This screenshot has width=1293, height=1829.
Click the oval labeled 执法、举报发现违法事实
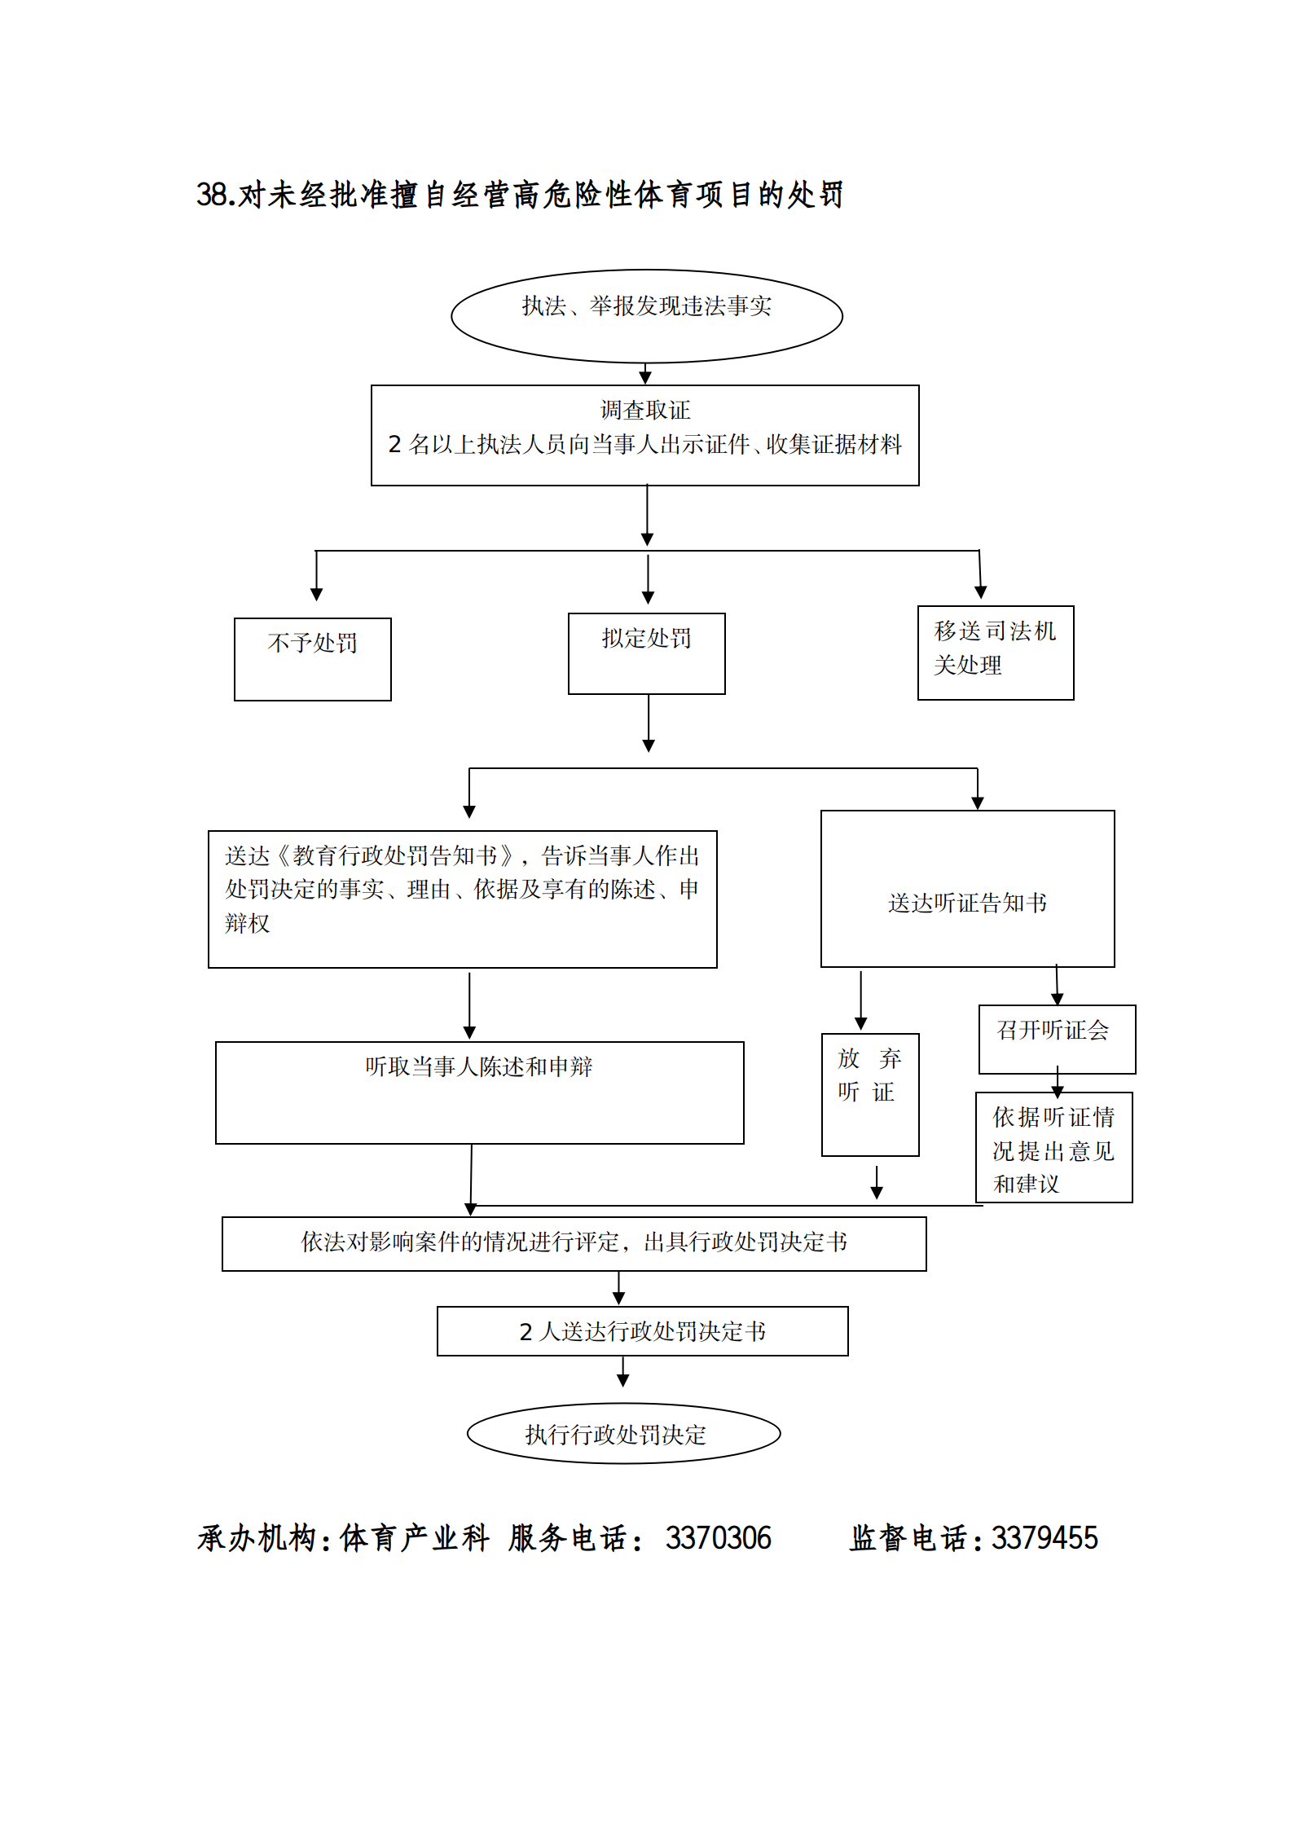646,315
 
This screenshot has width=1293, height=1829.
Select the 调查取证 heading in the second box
644,410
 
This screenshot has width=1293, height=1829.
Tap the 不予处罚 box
312,658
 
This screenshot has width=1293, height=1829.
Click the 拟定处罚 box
646,653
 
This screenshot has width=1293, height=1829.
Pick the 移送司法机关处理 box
995,652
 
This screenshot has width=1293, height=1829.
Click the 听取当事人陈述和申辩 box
479,1092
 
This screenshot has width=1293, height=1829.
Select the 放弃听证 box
869,1094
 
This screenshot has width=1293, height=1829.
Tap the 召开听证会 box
1056,1039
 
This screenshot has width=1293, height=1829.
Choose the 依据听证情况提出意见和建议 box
1053,1147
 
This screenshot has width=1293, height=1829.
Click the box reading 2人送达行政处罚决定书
642,1331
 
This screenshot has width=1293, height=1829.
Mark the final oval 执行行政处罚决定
623,1434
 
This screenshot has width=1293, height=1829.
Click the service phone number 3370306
718,1538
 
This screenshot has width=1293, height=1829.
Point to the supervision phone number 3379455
1045,1538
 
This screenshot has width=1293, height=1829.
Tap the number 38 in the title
211,195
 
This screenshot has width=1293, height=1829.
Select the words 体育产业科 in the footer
414,1538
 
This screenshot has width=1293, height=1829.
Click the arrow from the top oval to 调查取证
645,374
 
